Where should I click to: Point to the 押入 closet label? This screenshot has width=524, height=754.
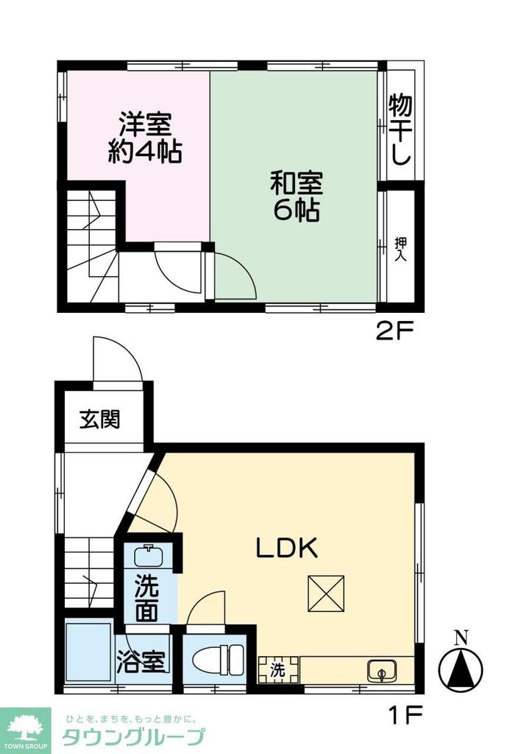pyautogui.click(x=400, y=250)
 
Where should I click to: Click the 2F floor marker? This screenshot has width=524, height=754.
pyautogui.click(x=394, y=332)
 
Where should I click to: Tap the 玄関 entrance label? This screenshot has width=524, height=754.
pyautogui.click(x=100, y=420)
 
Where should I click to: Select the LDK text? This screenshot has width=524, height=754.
pyautogui.click(x=286, y=548)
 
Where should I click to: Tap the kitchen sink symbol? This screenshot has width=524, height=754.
pyautogui.click(x=380, y=671)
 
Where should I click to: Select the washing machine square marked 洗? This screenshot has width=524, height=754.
pyautogui.click(x=277, y=670)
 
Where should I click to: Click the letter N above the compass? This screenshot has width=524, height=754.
pyautogui.click(x=461, y=638)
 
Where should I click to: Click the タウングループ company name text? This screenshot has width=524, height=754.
pyautogui.click(x=132, y=736)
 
